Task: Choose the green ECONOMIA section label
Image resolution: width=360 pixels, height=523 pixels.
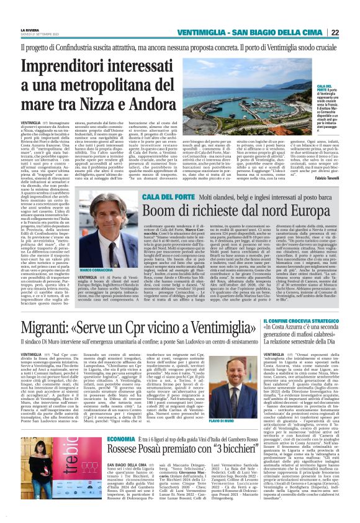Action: coord(116,439)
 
